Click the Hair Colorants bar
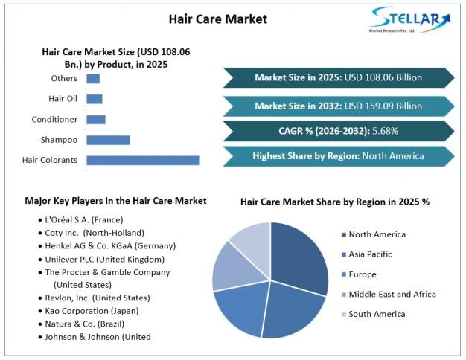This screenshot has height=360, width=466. point(143,161)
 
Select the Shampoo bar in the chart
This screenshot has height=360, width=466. point(108,140)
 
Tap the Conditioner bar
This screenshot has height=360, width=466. point(96,120)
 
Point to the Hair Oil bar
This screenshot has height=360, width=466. point(95,99)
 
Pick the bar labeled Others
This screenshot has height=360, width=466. point(93,79)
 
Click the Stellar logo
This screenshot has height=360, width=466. point(409,19)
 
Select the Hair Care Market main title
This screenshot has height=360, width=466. point(218,19)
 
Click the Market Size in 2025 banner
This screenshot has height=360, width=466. point(339,77)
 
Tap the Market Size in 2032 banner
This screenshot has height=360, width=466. point(339,106)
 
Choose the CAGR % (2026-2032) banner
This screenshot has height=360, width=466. point(339,131)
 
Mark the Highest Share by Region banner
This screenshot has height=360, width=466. point(339,156)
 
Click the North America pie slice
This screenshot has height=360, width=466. point(297,258)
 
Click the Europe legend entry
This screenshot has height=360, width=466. point(359,274)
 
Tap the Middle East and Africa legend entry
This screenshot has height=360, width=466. point(389,295)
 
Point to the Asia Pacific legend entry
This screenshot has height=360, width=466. point(367,254)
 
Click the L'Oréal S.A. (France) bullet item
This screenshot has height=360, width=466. point(80,220)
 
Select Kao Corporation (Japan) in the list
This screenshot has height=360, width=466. point(89,311)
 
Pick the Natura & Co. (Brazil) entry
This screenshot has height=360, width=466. point(81,324)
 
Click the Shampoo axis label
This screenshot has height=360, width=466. point(59,140)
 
